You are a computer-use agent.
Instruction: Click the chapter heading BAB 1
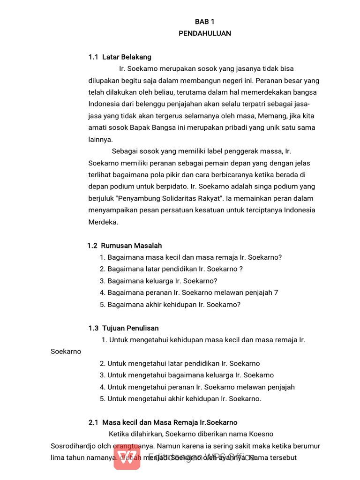click(x=205, y=22)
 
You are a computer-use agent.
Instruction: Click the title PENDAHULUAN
click(x=205, y=33)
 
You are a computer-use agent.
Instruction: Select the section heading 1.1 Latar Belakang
click(x=120, y=57)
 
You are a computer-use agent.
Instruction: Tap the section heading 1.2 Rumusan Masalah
click(x=125, y=246)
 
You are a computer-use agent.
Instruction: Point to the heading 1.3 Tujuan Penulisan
click(x=124, y=328)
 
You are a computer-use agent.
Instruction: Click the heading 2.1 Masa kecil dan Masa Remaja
click(x=163, y=422)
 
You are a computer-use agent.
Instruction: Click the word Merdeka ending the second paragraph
click(x=103, y=222)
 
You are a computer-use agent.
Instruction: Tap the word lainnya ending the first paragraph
click(x=100, y=139)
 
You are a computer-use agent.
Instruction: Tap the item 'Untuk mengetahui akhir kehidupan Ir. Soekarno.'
click(x=180, y=399)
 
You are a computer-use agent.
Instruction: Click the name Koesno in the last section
click(x=262, y=434)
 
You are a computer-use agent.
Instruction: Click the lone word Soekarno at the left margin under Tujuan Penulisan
click(x=66, y=351)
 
